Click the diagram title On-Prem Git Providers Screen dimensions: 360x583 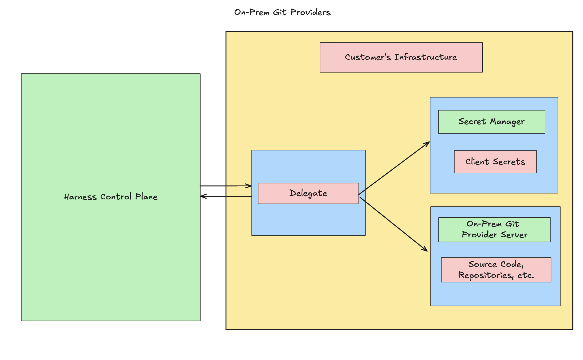[282, 12]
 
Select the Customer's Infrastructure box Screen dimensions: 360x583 [401, 57]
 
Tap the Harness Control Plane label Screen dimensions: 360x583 [111, 197]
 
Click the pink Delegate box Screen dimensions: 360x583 [308, 193]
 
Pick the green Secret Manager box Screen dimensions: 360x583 [491, 122]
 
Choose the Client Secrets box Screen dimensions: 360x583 [495, 162]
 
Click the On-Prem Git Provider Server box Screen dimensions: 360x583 [494, 230]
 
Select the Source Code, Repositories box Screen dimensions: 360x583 [496, 270]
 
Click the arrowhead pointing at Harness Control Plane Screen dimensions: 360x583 [203, 196]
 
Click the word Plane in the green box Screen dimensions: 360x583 [146, 197]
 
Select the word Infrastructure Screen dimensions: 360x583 [426, 57]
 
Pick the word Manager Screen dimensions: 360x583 [507, 122]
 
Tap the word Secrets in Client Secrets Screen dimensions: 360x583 [509, 162]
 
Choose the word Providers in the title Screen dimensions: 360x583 [310, 12]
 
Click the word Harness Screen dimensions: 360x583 [80, 197]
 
